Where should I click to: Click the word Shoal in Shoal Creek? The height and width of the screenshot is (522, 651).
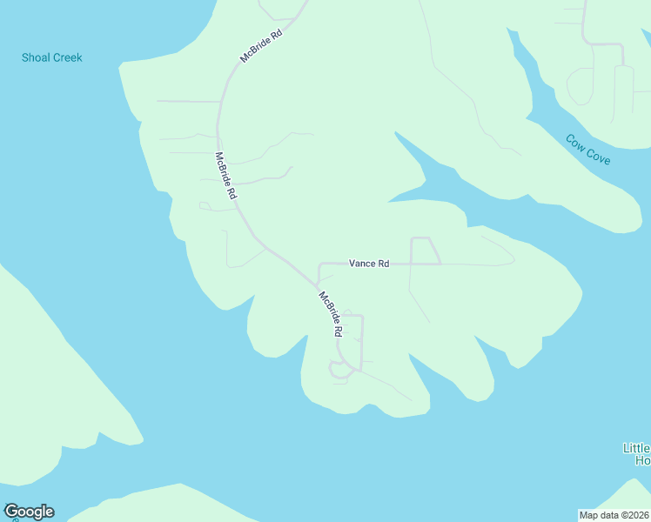[x=37, y=58]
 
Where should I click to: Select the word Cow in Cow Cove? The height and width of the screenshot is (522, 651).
[x=574, y=142]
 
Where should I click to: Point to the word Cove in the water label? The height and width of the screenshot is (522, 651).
[x=598, y=157]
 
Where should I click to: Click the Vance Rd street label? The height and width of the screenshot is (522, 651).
[x=368, y=264]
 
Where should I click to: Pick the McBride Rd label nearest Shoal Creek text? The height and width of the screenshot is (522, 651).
[x=263, y=47]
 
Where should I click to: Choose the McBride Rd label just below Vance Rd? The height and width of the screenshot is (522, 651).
[x=330, y=314]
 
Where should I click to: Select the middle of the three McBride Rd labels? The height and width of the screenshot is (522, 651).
[x=225, y=177]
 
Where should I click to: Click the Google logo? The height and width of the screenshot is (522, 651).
[x=29, y=512]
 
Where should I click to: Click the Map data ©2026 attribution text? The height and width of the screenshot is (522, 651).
[x=614, y=515]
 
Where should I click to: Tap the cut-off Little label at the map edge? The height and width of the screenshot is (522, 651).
[x=636, y=449]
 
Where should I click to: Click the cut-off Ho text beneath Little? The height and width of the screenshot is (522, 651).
[x=643, y=461]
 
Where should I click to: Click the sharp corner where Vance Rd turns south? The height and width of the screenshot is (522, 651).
[x=319, y=264]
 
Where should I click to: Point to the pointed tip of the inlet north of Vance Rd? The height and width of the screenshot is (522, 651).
[x=396, y=133]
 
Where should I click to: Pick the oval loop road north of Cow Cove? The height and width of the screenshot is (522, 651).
[x=580, y=85]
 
